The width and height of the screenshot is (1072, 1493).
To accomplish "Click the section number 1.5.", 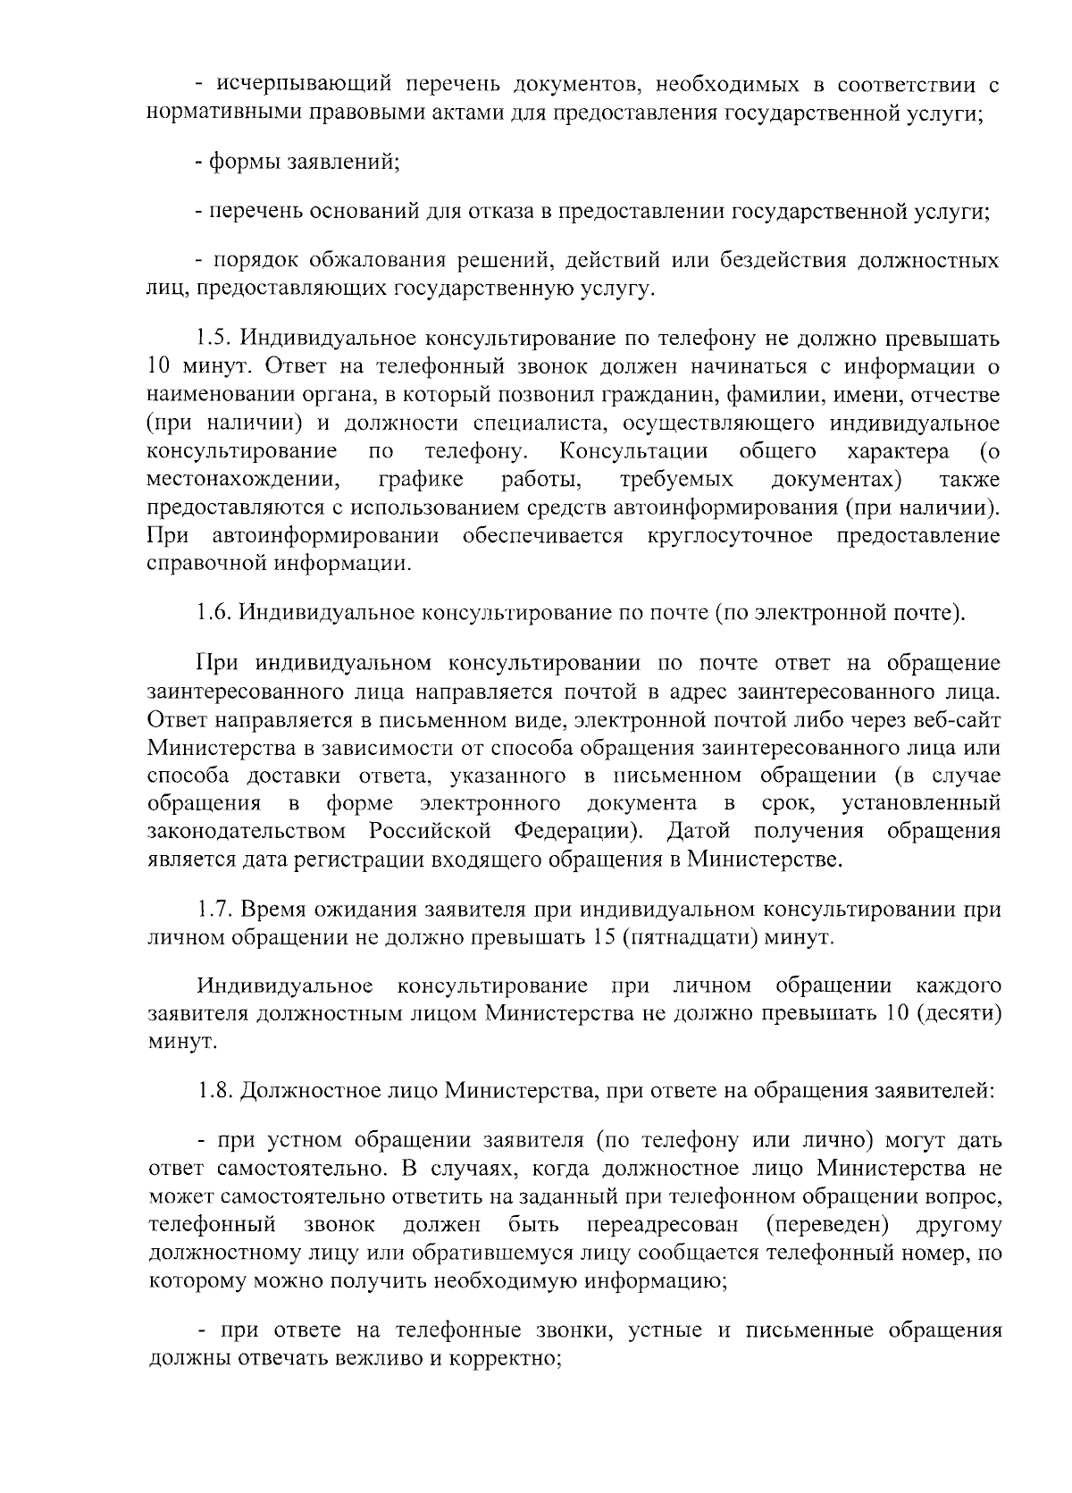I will pos(214,339).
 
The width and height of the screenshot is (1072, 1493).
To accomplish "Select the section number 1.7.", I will pos(214,910).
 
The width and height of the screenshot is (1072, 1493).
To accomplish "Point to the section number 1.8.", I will pos(214,1090).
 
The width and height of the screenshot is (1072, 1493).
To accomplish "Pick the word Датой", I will pos(698,831).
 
